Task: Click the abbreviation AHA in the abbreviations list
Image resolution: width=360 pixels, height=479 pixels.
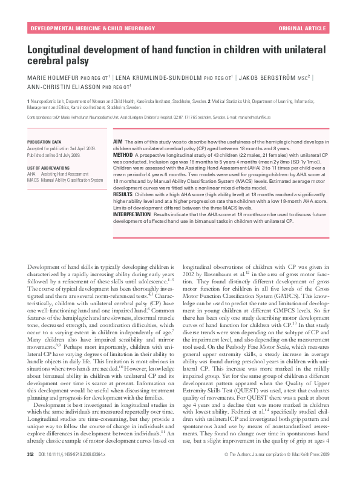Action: click(x=31, y=173)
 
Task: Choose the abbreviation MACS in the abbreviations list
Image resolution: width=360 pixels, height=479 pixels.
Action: click(x=33, y=180)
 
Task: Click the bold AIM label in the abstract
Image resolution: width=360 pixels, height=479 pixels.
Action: click(x=118, y=141)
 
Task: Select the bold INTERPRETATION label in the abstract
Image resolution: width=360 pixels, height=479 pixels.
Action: click(x=133, y=214)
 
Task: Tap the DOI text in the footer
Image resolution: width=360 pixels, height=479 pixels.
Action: click(x=80, y=470)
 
